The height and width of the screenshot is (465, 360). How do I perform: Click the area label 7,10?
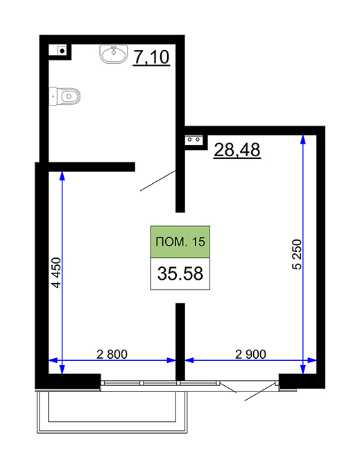pos(151,57)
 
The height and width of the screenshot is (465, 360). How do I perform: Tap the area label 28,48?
pos(237,150)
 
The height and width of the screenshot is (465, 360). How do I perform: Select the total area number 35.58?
pos(180,273)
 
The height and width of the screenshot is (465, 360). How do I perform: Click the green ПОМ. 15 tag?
pos(180,242)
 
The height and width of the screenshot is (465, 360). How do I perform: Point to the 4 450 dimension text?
pos(56,273)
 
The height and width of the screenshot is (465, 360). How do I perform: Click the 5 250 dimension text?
pos(297,254)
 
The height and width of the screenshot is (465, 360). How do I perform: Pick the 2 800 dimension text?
pos(112,354)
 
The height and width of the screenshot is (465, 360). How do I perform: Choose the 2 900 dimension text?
pos(250,354)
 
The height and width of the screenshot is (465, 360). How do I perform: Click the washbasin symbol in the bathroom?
pos(114,54)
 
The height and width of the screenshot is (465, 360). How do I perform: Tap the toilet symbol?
pos(65,96)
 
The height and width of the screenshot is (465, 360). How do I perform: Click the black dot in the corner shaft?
pos(62,51)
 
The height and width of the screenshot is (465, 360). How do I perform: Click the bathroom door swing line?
pos(158,180)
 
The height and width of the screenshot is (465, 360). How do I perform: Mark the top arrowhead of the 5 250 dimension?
pos(303,139)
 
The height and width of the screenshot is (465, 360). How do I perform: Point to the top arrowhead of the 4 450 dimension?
pos(62,176)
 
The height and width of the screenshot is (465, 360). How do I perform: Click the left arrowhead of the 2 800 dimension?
pos(53,360)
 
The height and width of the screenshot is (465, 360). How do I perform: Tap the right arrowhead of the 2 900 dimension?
pos(312,360)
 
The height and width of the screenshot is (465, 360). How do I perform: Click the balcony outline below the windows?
pos(112,430)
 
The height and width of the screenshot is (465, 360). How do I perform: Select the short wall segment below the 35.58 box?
pos(180,341)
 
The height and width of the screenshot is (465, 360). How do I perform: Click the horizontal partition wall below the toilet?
pos(92,167)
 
